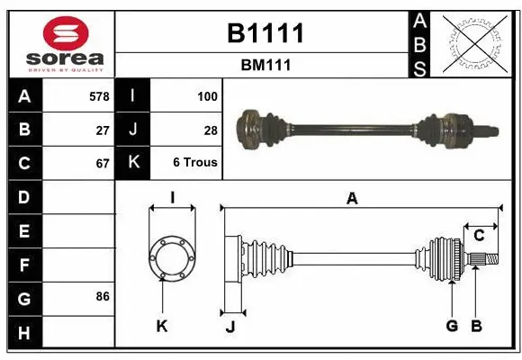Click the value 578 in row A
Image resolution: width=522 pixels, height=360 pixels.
99,94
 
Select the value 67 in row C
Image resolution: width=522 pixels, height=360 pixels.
103,163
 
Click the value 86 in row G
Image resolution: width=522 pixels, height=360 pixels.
103,296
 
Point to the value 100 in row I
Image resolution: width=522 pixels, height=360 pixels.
207,94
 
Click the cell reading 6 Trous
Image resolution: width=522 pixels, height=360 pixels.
195,163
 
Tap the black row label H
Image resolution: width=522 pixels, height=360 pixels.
24,334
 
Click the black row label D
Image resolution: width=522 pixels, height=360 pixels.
24,197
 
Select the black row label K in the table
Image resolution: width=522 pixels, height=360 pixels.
133,163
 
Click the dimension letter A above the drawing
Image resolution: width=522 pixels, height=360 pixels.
352,199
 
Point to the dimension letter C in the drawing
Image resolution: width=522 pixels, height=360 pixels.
479,236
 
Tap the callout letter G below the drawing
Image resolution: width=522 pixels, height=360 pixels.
452,325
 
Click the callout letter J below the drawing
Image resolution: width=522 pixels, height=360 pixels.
229,327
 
